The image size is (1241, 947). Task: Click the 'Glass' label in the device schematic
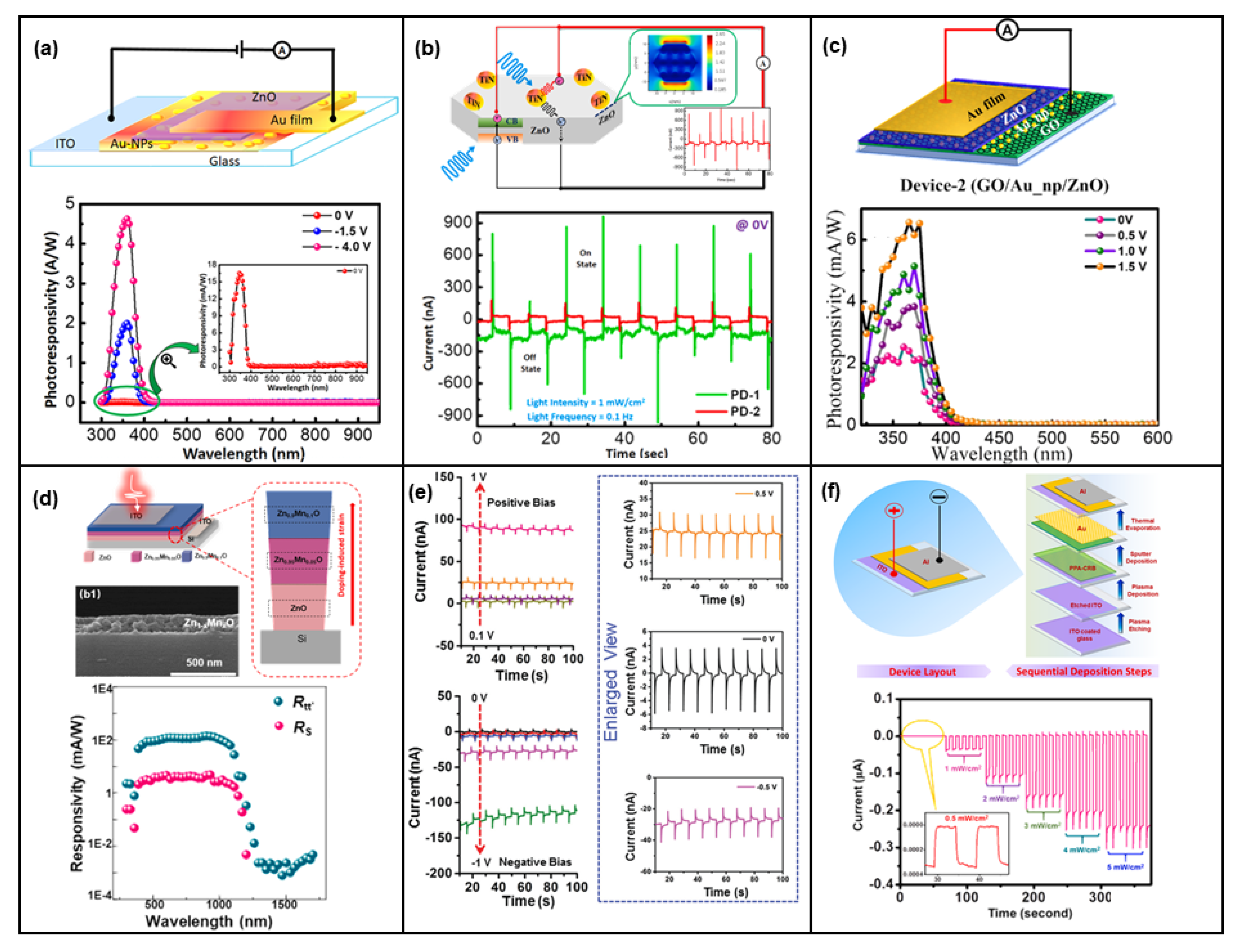click(x=224, y=161)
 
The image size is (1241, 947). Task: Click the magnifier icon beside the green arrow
click(x=168, y=360)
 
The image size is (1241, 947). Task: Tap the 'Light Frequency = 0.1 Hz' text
click(x=579, y=416)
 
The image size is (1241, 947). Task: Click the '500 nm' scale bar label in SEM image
click(x=204, y=662)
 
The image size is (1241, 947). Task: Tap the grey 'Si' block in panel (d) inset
click(x=302, y=645)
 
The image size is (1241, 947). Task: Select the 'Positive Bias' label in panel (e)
click(x=521, y=502)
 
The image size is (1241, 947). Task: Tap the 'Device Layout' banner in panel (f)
click(x=922, y=671)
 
